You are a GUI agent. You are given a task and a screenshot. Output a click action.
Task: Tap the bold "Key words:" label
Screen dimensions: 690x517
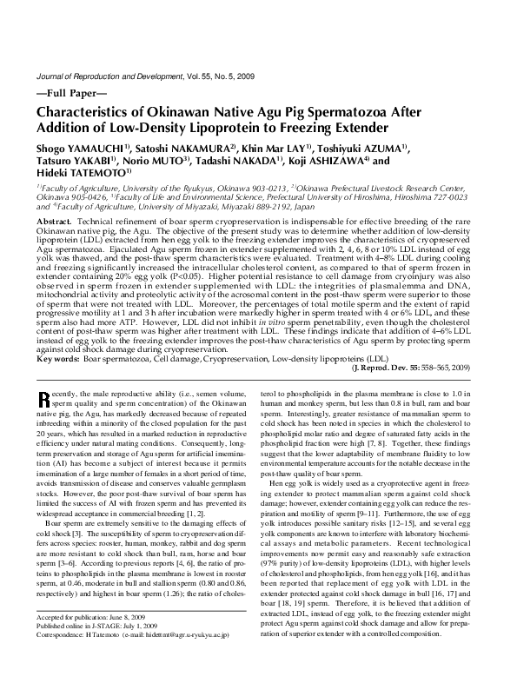pyautogui.click(x=59, y=358)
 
